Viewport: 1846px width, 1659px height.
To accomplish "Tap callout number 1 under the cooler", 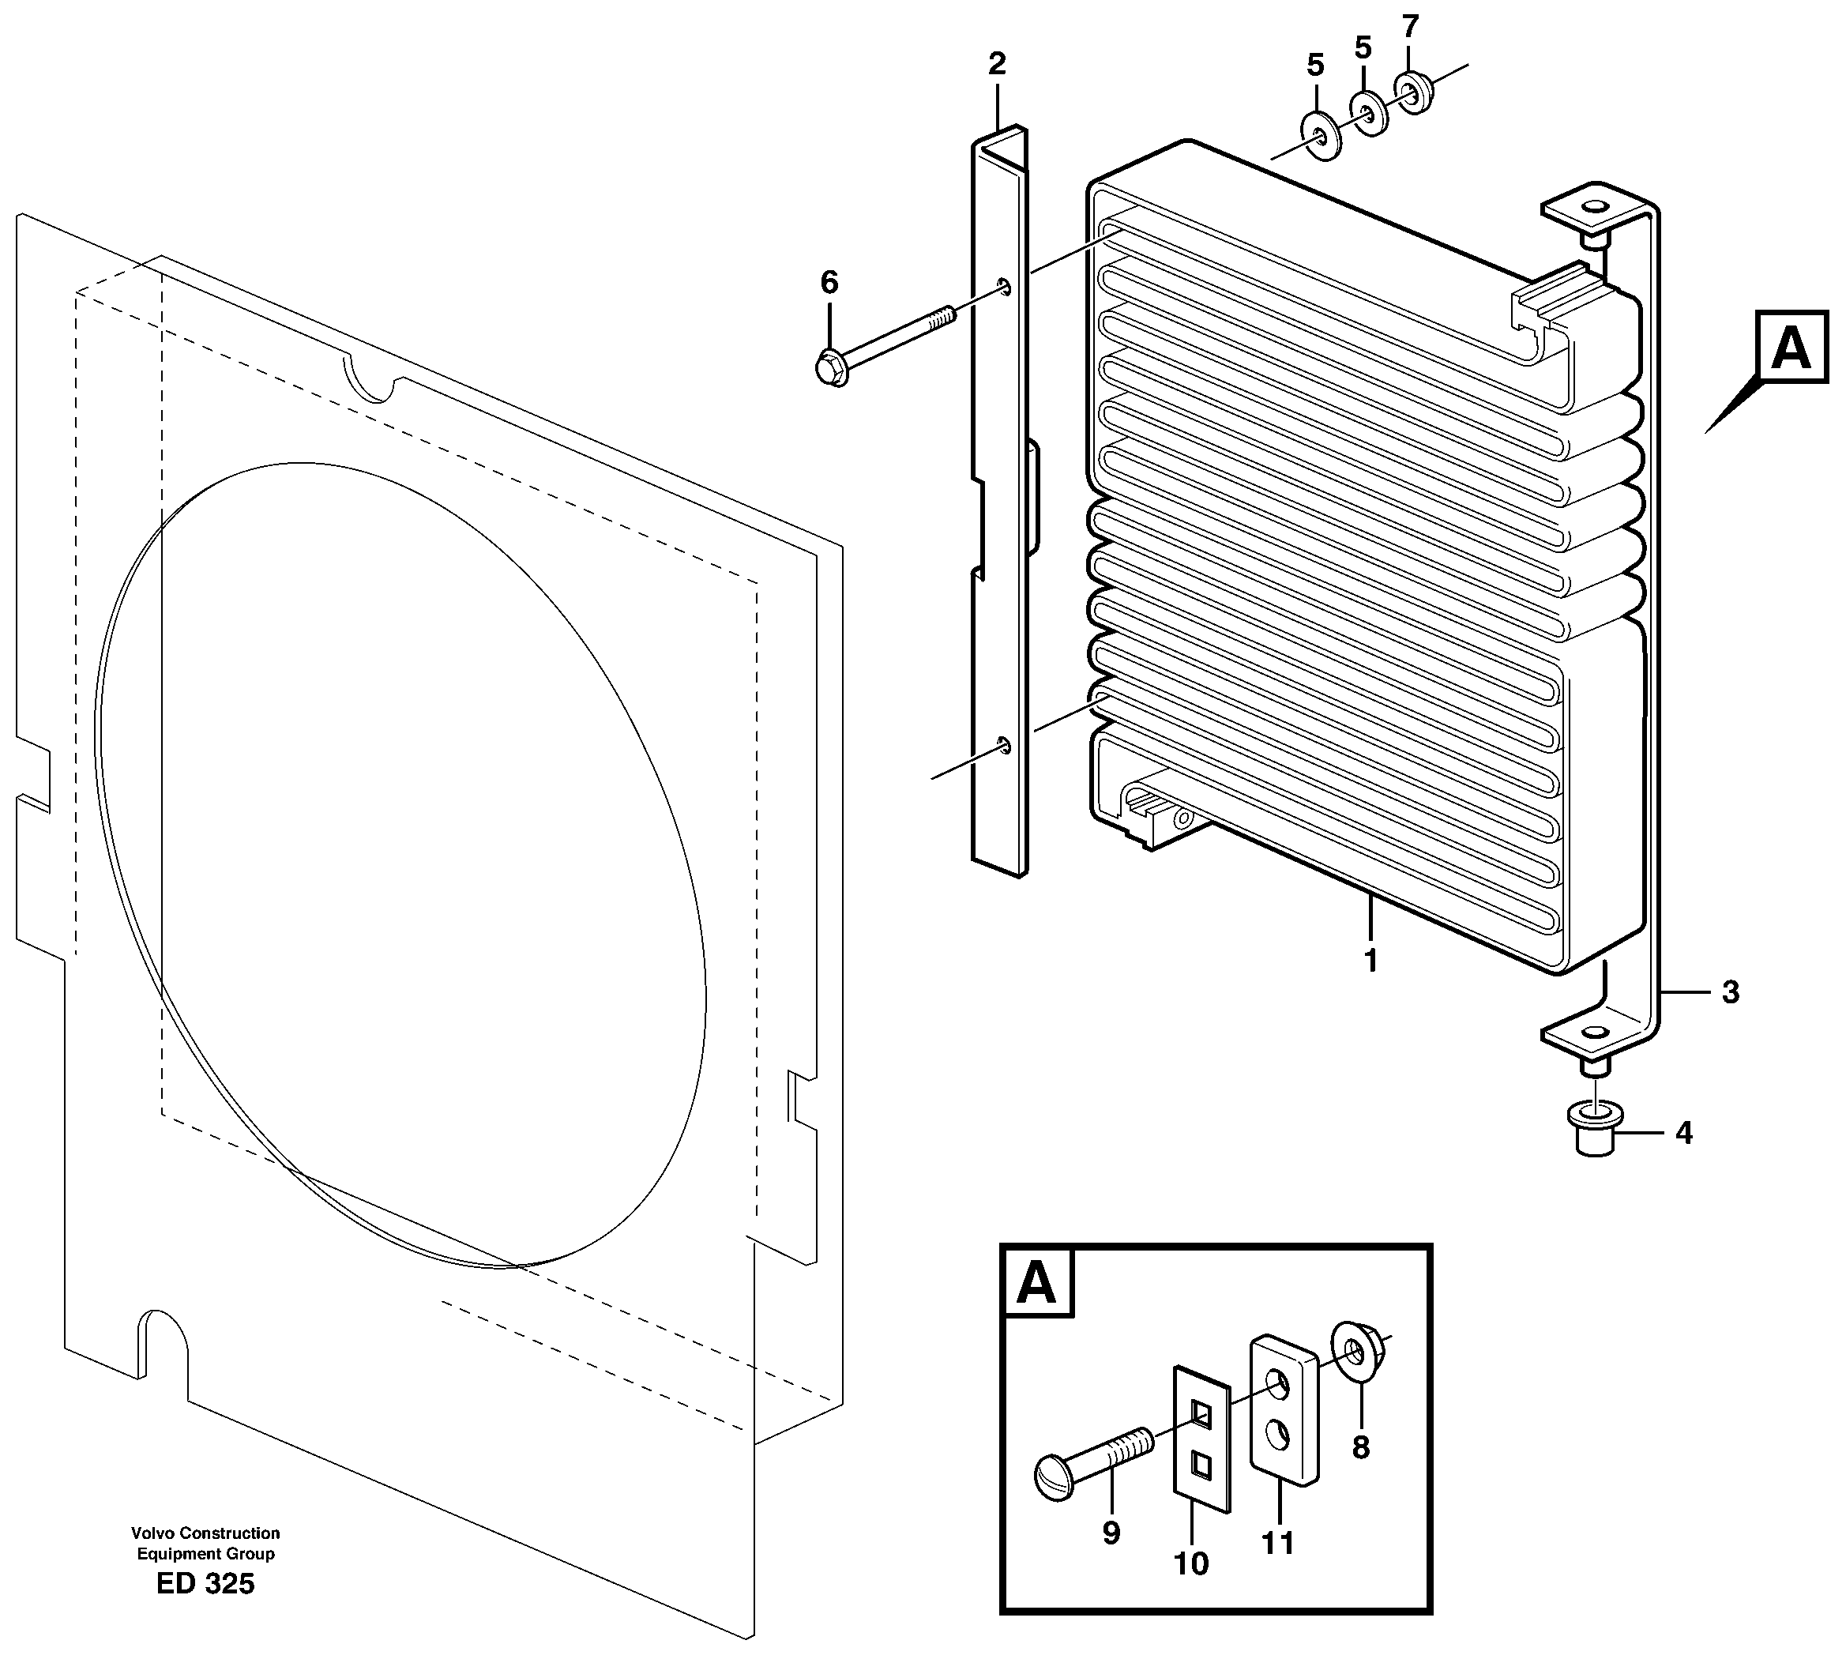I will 1370,960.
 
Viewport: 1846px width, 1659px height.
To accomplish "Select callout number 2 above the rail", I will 996,64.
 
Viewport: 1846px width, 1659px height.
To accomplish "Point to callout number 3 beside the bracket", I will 1730,991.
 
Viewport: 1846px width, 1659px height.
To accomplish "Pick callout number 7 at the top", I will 1410,26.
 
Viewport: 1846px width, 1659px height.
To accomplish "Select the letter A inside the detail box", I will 1037,1285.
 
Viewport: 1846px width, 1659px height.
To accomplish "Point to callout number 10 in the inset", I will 1190,1563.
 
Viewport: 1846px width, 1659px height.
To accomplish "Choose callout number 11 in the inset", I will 1277,1542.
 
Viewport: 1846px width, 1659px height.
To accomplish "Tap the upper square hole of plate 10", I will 1201,1415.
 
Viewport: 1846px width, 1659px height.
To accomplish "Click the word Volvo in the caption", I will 153,1533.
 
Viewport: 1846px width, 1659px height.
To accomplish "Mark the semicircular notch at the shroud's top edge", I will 368,384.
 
